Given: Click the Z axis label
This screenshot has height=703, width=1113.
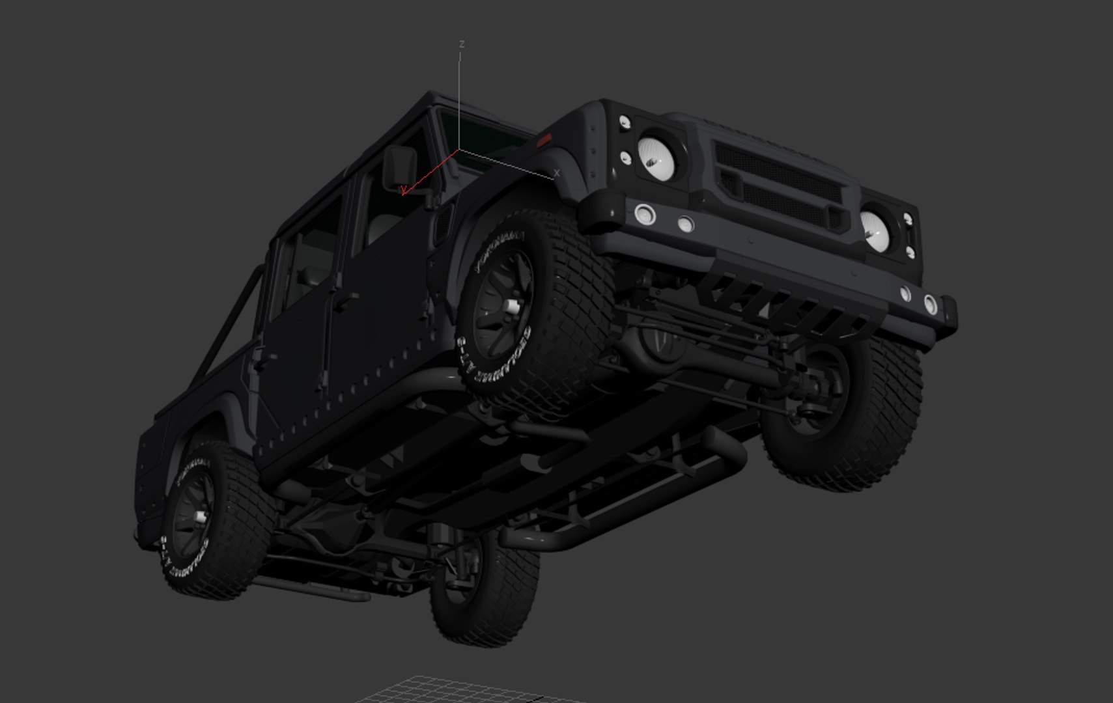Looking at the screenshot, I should [462, 44].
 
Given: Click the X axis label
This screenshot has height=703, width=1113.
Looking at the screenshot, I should [556, 173].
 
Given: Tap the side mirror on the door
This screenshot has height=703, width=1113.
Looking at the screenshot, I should [399, 166].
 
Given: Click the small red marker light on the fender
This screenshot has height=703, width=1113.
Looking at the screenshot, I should [543, 140].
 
